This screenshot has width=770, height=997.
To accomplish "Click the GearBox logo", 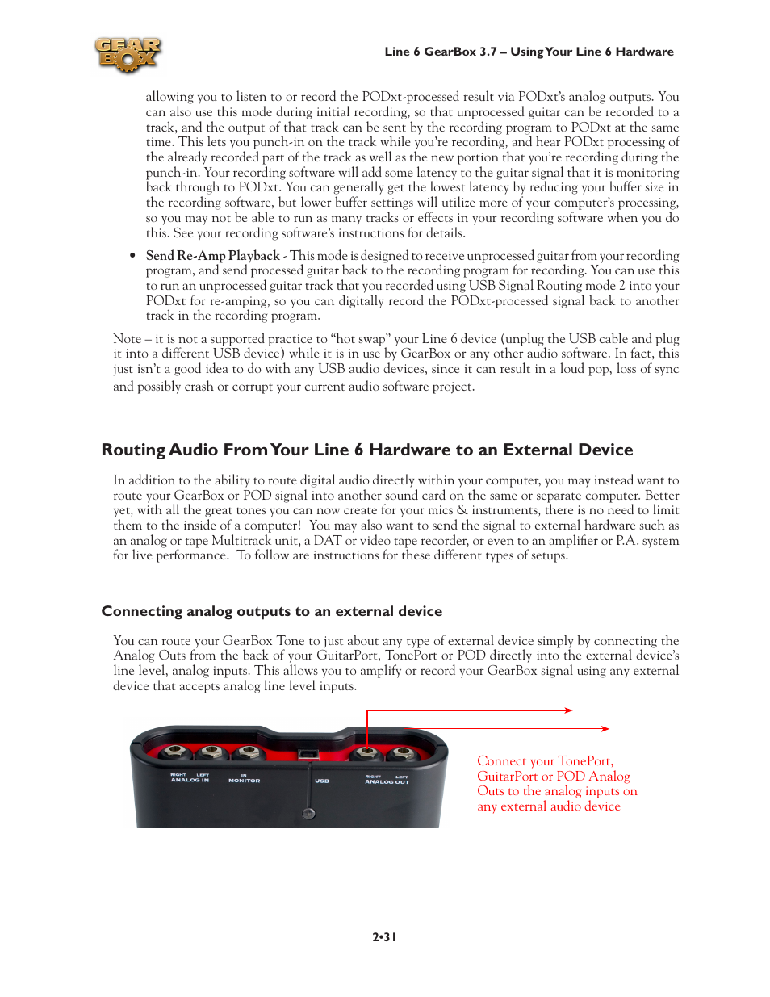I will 128,55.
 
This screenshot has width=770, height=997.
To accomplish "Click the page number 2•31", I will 384,937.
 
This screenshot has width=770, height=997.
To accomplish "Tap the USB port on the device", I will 308,754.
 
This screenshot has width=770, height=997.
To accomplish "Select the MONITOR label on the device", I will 244,781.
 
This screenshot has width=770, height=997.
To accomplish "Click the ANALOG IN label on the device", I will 190,780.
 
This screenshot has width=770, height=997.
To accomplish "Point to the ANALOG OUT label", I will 387,781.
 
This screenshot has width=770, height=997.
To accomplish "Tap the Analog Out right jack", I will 367,753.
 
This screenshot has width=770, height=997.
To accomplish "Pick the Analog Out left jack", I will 403,754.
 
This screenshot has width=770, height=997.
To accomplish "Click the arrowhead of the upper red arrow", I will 569,710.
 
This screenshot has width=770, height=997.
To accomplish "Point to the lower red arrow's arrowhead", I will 605,729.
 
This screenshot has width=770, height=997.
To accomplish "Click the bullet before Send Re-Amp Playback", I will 133,256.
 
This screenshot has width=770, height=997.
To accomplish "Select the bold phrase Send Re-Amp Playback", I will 212,256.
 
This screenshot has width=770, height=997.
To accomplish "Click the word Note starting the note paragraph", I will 127,339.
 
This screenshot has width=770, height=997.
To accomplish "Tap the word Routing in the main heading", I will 132,450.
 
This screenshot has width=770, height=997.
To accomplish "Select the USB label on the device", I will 321,781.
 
